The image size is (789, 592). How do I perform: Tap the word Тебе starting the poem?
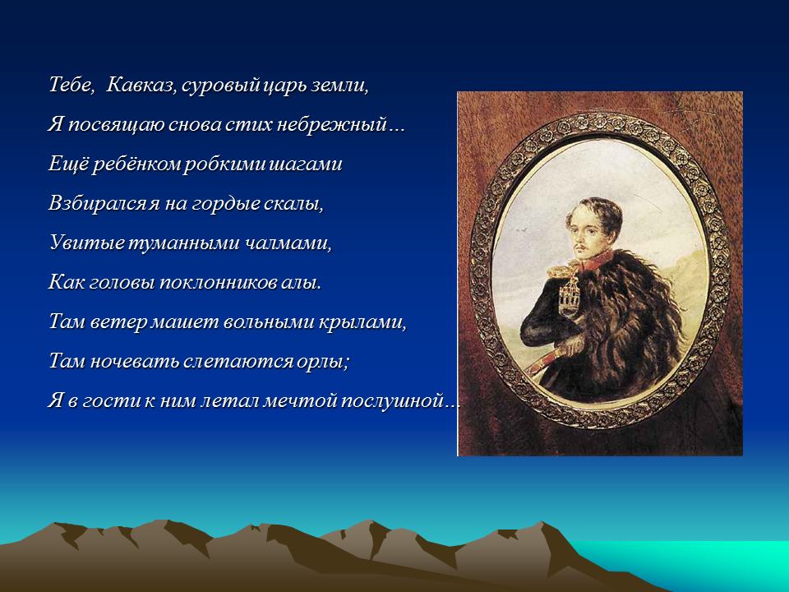point(72,84)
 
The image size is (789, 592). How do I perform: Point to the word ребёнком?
point(136,164)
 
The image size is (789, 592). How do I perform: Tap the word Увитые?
point(86,243)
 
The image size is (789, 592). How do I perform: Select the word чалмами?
point(288,243)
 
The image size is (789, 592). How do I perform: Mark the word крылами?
point(362,322)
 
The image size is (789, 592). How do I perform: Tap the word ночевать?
point(134,362)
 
